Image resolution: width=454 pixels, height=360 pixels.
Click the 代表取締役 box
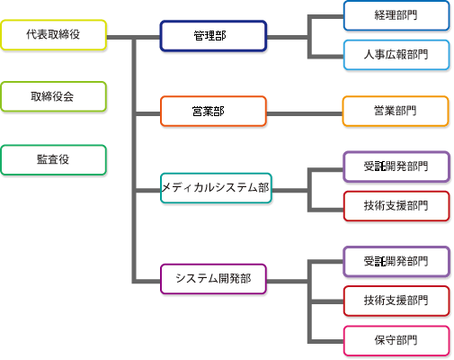tap(53, 35)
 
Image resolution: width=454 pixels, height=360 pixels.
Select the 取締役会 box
tap(53, 96)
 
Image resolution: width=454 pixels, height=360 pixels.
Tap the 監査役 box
tap(53, 160)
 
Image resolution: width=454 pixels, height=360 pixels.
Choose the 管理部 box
tap(213, 36)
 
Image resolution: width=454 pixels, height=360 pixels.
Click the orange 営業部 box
tap(213, 111)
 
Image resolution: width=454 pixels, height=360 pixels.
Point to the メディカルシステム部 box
tap(216, 188)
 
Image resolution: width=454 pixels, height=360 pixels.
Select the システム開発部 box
tap(213, 279)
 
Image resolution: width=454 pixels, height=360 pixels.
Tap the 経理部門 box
tap(396, 15)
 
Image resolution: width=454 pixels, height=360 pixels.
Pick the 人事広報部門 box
tap(396, 55)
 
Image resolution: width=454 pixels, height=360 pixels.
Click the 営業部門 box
tap(396, 111)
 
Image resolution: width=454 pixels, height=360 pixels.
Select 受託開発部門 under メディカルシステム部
tap(396, 166)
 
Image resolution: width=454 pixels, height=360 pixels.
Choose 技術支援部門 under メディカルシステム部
tap(396, 206)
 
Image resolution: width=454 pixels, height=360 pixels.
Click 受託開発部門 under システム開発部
tap(396, 262)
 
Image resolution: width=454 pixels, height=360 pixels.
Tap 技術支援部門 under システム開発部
tap(396, 301)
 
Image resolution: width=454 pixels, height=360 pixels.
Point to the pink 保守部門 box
tap(396, 341)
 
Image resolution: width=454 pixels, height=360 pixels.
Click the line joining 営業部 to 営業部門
tap(305, 114)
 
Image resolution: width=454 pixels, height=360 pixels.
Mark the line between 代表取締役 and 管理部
tap(133, 38)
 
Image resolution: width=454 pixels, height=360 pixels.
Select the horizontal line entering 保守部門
tap(325, 341)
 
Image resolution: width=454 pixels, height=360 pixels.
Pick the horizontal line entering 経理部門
tap(325, 17)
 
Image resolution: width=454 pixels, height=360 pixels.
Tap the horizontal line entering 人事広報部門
tap(325, 57)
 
